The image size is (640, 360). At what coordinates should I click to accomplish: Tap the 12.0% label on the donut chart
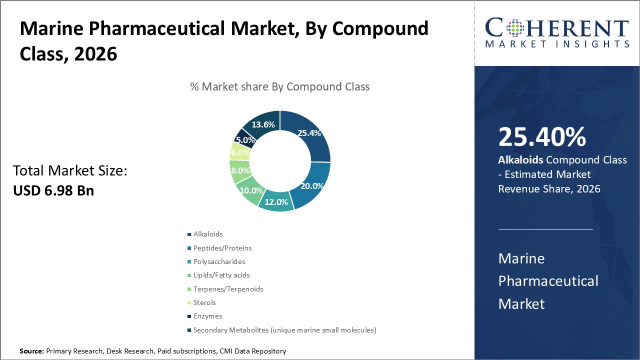pyautogui.click(x=276, y=202)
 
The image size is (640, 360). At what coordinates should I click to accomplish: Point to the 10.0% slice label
pyautogui.click(x=251, y=190)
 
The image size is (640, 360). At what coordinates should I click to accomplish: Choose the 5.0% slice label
pyautogui.click(x=245, y=140)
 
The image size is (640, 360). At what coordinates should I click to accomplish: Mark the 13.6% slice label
pyautogui.click(x=263, y=124)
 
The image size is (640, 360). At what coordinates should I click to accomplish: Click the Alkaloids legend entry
pyautogui.click(x=208, y=234)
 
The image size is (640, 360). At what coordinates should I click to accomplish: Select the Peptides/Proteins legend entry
pyautogui.click(x=222, y=248)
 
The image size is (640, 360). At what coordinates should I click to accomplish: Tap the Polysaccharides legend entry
pyautogui.click(x=219, y=261)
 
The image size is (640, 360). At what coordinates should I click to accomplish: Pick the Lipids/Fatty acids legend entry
pyautogui.click(x=221, y=275)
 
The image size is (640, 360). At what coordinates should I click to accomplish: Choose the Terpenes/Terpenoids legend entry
pyautogui.click(x=228, y=289)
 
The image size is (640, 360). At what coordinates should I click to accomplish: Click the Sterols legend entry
pyautogui.click(x=204, y=302)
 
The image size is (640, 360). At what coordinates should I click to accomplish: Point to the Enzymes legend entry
pyautogui.click(x=207, y=316)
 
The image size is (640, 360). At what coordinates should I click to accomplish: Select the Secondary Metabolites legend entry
pyautogui.click(x=284, y=330)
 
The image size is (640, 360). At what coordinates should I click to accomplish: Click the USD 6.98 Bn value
pyautogui.click(x=53, y=190)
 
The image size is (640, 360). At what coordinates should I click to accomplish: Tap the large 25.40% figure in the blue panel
pyautogui.click(x=542, y=137)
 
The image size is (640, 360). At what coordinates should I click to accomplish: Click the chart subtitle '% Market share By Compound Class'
pyautogui.click(x=279, y=86)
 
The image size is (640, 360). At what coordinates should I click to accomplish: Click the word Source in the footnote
pyautogui.click(x=31, y=351)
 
